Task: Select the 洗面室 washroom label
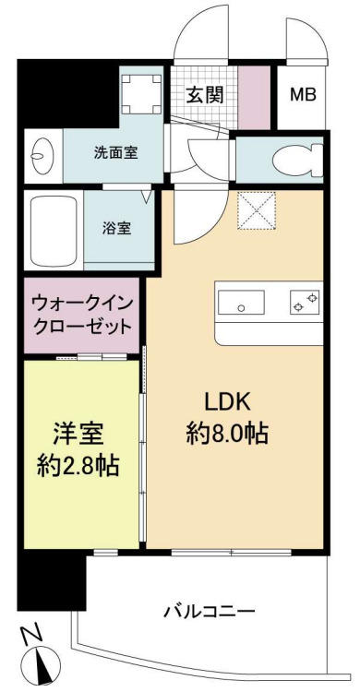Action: pyautogui.click(x=115, y=153)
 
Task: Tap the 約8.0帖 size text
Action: pyautogui.click(x=227, y=433)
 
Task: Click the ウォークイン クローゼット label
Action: pyautogui.click(x=80, y=314)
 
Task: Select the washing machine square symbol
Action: pyautogui.click(x=140, y=89)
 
